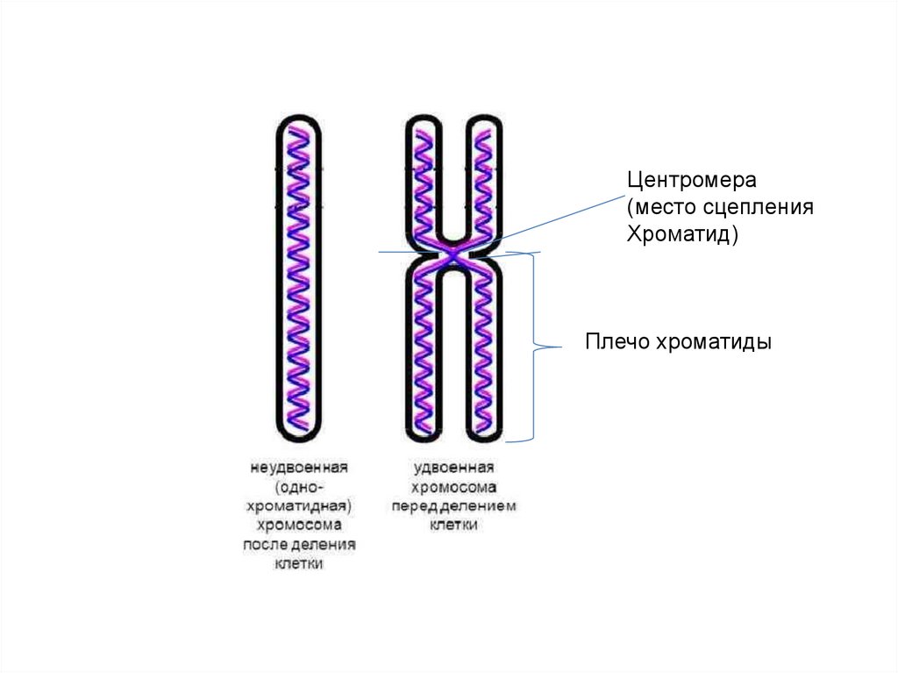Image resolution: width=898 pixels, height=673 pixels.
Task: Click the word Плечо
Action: pyautogui.click(x=615, y=342)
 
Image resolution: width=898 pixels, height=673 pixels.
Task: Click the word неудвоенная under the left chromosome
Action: pyautogui.click(x=298, y=466)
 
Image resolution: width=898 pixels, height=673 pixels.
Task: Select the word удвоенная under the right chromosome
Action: pyautogui.click(x=454, y=468)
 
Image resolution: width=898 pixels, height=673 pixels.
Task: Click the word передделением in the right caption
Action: pyautogui.click(x=454, y=506)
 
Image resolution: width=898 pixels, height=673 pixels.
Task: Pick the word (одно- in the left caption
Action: pyautogui.click(x=299, y=485)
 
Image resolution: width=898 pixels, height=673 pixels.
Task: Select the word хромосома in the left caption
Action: pyautogui.click(x=299, y=525)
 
